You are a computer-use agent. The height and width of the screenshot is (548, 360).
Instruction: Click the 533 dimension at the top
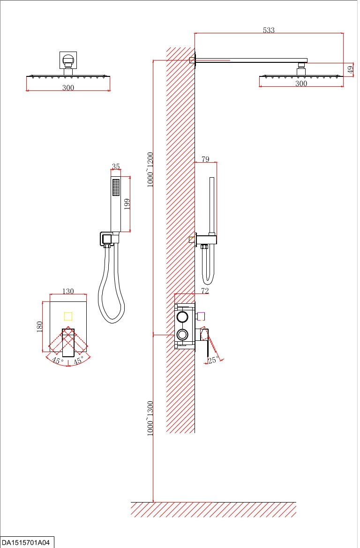pyautogui.click(x=268, y=30)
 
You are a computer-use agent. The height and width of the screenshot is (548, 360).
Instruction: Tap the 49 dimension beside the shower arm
pyautogui.click(x=350, y=69)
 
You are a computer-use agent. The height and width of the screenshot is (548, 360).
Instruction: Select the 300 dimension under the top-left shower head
pyautogui.click(x=68, y=88)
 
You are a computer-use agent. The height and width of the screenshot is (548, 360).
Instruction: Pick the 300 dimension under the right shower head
pyautogui.click(x=301, y=83)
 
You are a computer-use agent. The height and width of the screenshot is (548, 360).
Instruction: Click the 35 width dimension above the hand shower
pyautogui.click(x=116, y=166)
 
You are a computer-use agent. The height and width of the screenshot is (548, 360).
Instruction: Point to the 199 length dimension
pyautogui.click(x=127, y=204)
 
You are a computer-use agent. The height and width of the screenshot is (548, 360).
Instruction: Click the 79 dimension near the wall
pyautogui.click(x=205, y=159)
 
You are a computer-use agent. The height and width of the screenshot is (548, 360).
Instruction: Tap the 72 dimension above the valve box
pyautogui.click(x=204, y=291)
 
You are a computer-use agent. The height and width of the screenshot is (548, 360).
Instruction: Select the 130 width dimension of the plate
pyautogui.click(x=68, y=291)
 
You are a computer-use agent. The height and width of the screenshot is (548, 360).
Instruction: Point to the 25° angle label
pyautogui.click(x=213, y=360)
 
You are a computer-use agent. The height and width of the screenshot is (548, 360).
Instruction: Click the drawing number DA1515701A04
pyautogui.click(x=27, y=542)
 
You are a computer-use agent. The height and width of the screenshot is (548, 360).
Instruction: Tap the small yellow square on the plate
pyautogui.click(x=68, y=316)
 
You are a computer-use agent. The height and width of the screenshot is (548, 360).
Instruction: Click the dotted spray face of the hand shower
pyautogui.click(x=115, y=188)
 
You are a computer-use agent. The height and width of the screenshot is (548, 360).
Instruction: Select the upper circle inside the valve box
pyautogui.click(x=182, y=317)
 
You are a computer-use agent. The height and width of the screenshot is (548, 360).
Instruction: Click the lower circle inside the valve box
pyautogui.click(x=182, y=334)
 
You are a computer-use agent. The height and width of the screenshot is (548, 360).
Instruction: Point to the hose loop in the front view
pyautogui.click(x=111, y=300)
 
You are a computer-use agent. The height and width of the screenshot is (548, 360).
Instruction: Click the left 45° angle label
pyautogui.click(x=58, y=360)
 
